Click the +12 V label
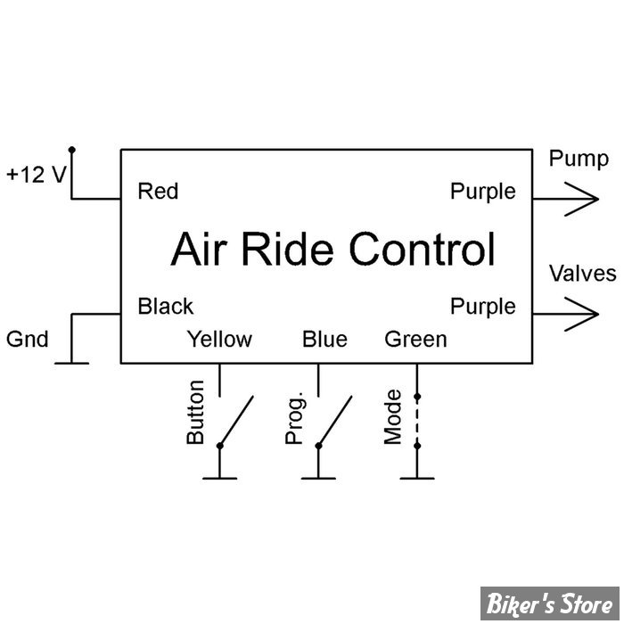[36, 174]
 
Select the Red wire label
[158, 191]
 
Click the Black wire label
[165, 307]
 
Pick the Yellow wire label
[219, 339]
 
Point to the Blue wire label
[324, 339]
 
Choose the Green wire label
[415, 339]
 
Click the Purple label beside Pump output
[482, 191]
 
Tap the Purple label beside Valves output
[482, 307]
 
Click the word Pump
[579, 160]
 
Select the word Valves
[582, 273]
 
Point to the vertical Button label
[195, 413]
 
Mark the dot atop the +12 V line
[72, 149]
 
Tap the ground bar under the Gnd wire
[72, 363]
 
